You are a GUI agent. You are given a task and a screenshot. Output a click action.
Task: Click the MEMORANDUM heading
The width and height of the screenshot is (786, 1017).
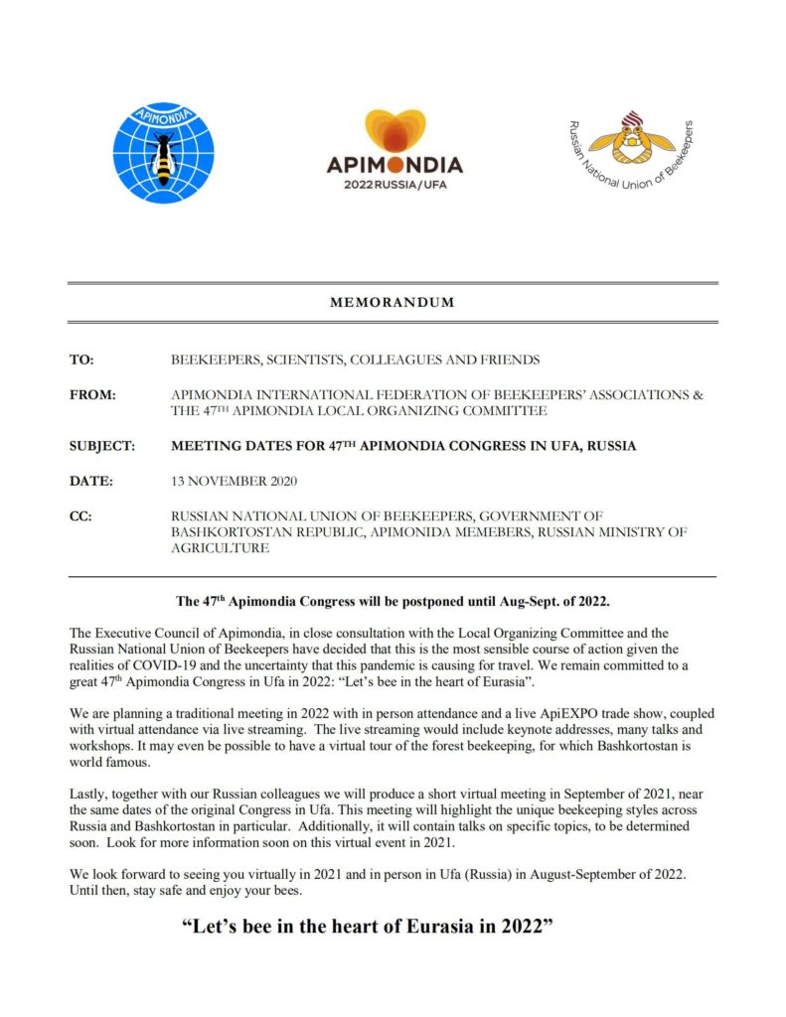pos(393,303)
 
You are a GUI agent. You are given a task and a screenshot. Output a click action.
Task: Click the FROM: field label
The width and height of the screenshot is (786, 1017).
pos(93,394)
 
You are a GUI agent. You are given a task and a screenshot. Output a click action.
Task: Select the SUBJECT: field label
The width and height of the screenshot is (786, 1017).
pos(102,446)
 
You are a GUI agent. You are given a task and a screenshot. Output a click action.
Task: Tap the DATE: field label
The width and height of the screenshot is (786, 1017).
pos(91,481)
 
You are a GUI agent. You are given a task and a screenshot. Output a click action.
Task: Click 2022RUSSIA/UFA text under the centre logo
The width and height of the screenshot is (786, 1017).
pos(394,186)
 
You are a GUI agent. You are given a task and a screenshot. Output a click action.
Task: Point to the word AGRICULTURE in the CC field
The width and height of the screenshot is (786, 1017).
pos(220,548)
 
